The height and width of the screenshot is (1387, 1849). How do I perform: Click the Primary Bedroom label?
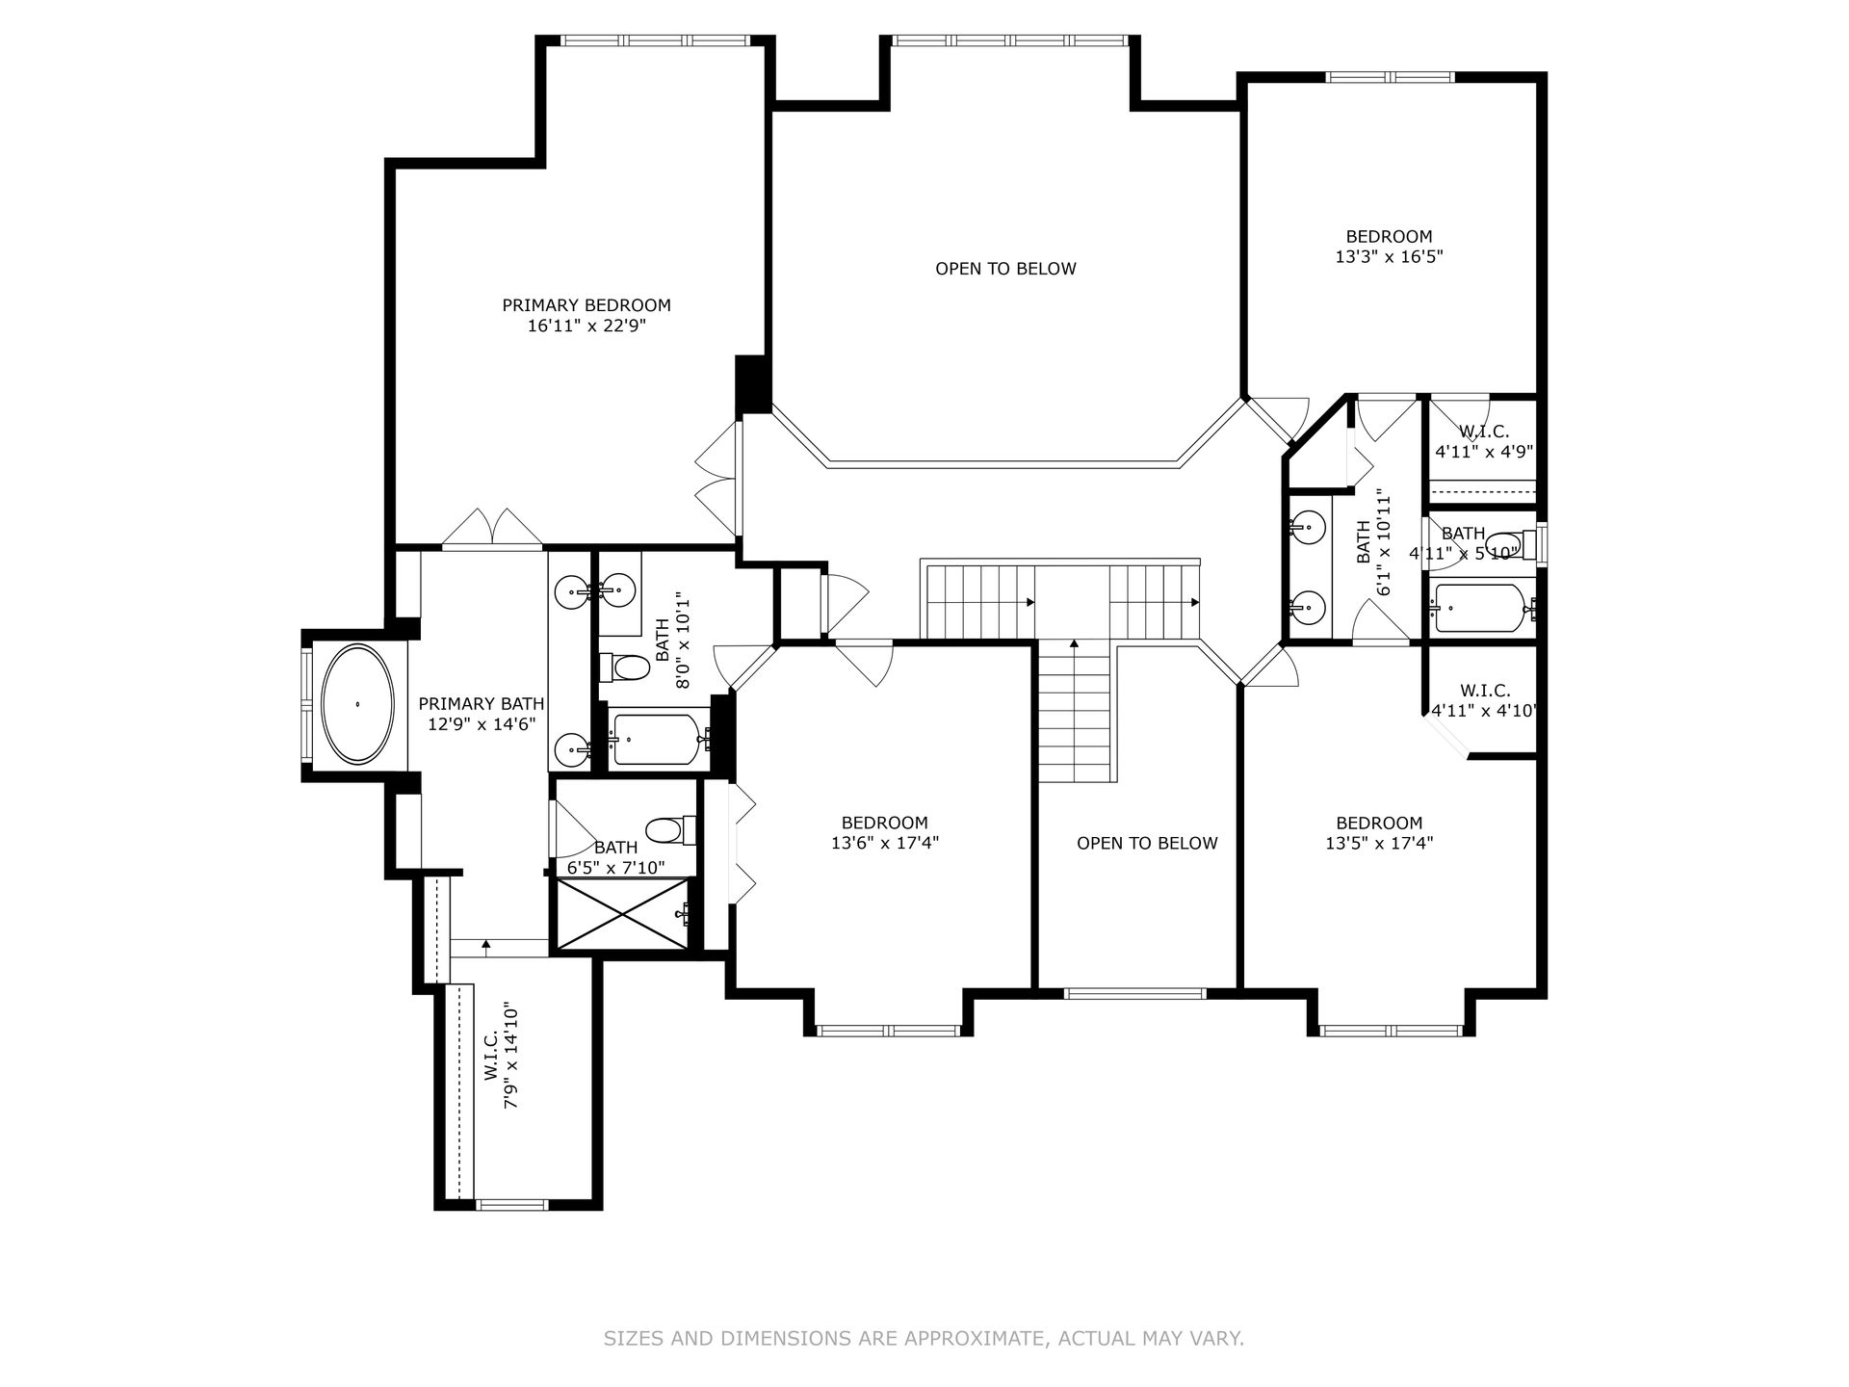pyautogui.click(x=586, y=305)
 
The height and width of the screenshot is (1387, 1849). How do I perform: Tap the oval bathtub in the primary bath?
pyautogui.click(x=357, y=705)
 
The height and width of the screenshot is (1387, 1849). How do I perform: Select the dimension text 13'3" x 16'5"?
pyautogui.click(x=1389, y=257)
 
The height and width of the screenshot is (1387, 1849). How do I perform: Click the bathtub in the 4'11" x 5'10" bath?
pyautogui.click(x=1481, y=609)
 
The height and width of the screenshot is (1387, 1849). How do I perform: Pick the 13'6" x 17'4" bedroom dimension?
pyautogui.click(x=885, y=843)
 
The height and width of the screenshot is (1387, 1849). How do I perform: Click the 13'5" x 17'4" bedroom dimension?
pyautogui.click(x=1379, y=843)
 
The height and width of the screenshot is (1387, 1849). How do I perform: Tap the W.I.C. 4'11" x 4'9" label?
pyautogui.click(x=1484, y=441)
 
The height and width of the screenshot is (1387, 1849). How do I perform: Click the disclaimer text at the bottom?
pyautogui.click(x=924, y=1338)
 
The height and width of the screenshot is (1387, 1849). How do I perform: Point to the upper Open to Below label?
pyautogui.click(x=1005, y=269)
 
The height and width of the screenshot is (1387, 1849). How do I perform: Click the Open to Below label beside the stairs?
pyautogui.click(x=1147, y=844)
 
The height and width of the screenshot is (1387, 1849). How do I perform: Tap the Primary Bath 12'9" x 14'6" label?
pyautogui.click(x=482, y=714)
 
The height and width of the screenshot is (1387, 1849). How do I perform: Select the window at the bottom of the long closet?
pyautogui.click(x=511, y=1204)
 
